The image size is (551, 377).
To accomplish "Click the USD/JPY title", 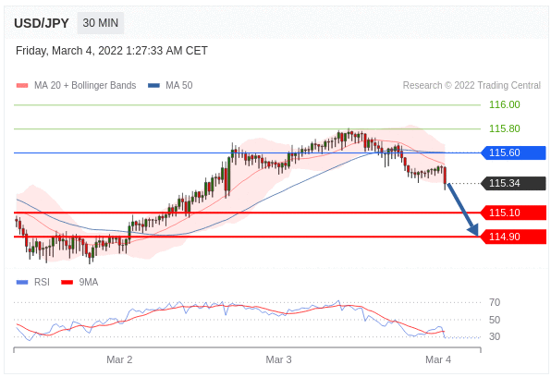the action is (x=42, y=23).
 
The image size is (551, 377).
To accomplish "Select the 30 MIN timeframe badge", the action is (x=101, y=23).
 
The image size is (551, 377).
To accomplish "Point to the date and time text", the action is (x=112, y=51).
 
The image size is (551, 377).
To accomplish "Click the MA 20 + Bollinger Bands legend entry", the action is (x=76, y=85).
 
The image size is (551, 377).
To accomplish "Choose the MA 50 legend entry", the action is (x=170, y=85).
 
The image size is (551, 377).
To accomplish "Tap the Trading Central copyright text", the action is (x=471, y=85).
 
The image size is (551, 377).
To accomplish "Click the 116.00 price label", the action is (x=505, y=104).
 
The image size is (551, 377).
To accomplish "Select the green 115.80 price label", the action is (x=505, y=128).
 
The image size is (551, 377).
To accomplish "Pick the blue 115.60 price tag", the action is (x=513, y=152).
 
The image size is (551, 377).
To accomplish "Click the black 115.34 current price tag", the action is (x=513, y=183).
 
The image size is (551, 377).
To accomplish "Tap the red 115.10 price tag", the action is (x=513, y=213).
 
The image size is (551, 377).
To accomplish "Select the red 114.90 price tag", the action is (x=513, y=237).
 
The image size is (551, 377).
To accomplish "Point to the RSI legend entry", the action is (x=33, y=282).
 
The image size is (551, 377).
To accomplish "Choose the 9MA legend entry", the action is (x=80, y=282).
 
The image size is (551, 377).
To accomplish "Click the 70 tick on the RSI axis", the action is (x=495, y=302).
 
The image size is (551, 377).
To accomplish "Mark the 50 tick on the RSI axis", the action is (x=495, y=320).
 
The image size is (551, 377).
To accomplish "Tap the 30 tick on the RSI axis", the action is (x=495, y=336).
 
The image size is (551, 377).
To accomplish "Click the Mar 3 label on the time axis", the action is (x=278, y=359).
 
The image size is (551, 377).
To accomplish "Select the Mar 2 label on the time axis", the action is (x=119, y=359).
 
